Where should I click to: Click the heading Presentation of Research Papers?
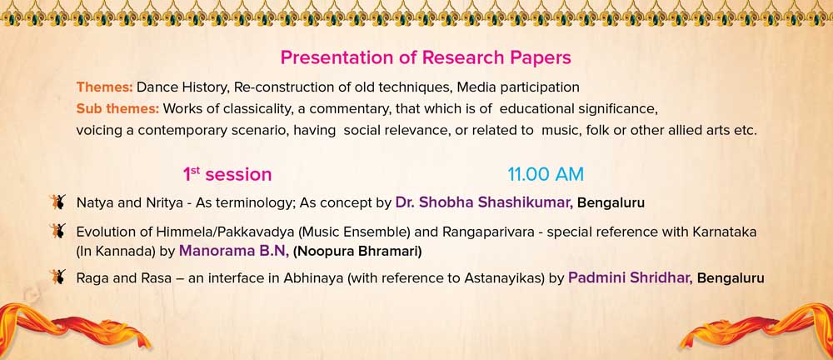pyautogui.click(x=426, y=58)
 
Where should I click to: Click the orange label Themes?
pyautogui.click(x=104, y=87)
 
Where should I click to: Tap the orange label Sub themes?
pyautogui.click(x=118, y=108)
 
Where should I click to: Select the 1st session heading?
pyautogui.click(x=227, y=174)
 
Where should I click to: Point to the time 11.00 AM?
pyautogui.click(x=546, y=174)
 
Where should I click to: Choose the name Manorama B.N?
pyautogui.click(x=234, y=251)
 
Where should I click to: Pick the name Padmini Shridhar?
pyautogui.click(x=630, y=277)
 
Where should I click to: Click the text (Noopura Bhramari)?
pyautogui.click(x=357, y=252)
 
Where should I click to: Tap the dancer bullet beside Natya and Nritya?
pyautogui.click(x=58, y=202)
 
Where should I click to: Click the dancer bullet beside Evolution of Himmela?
pyautogui.click(x=58, y=231)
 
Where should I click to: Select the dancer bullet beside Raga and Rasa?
pyautogui.click(x=58, y=277)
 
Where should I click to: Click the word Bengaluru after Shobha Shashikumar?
pyautogui.click(x=611, y=203)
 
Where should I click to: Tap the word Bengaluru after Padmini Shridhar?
pyautogui.click(x=731, y=278)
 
